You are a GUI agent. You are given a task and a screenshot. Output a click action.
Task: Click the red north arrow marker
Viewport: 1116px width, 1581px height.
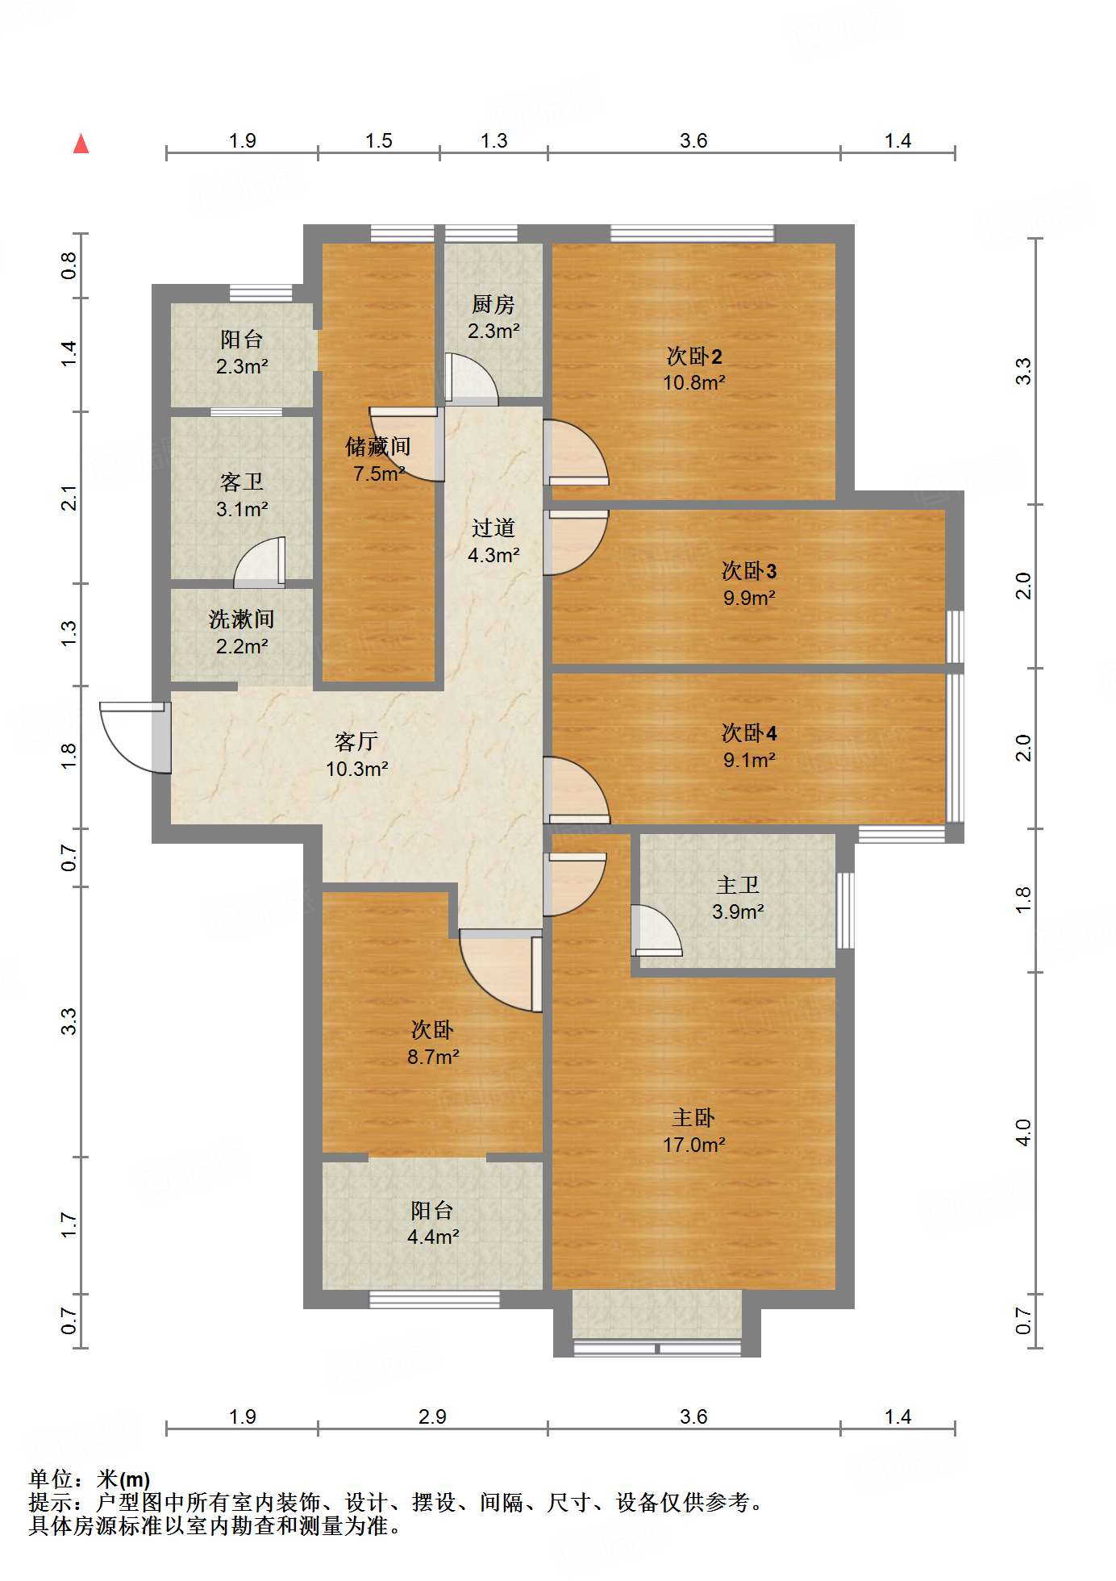tap(81, 144)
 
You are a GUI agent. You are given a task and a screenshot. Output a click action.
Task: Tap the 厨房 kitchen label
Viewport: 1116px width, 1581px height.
tap(493, 304)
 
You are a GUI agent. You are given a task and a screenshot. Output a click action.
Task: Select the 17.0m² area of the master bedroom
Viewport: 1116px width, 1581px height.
tap(693, 1145)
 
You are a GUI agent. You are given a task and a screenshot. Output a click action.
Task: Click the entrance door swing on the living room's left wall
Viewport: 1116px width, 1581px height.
tap(134, 736)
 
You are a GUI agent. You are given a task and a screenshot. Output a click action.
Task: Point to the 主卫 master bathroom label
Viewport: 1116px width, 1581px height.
tap(738, 885)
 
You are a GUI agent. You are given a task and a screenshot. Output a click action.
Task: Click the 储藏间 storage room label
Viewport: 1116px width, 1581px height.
tap(378, 446)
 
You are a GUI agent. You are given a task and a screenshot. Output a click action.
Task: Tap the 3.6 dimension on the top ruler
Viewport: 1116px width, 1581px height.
tap(693, 141)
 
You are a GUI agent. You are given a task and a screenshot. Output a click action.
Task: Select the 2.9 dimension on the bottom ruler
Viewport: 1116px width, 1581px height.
tap(432, 1416)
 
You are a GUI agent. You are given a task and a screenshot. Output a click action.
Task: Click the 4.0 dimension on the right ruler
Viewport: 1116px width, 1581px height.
tap(1023, 1132)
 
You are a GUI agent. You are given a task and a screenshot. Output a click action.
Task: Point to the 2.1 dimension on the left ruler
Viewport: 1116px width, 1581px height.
tap(70, 498)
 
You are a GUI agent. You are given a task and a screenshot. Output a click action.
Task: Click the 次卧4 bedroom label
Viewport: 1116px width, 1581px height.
tap(749, 732)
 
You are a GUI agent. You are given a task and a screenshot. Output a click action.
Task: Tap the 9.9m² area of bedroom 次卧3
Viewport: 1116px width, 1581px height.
tap(749, 598)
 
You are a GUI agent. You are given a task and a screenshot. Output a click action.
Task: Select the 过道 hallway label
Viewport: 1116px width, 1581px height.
tap(493, 528)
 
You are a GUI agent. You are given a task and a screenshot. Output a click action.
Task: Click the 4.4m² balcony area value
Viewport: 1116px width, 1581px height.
tap(433, 1236)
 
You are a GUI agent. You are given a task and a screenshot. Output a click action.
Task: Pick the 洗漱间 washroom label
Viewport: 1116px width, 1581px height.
tap(241, 619)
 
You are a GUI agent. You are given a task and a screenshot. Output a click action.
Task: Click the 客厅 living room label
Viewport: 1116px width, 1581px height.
tap(356, 740)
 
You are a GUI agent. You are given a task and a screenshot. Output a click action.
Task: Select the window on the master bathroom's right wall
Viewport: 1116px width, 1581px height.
tap(844, 910)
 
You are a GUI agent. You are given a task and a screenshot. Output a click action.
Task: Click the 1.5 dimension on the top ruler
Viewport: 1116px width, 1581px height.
tap(378, 141)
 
